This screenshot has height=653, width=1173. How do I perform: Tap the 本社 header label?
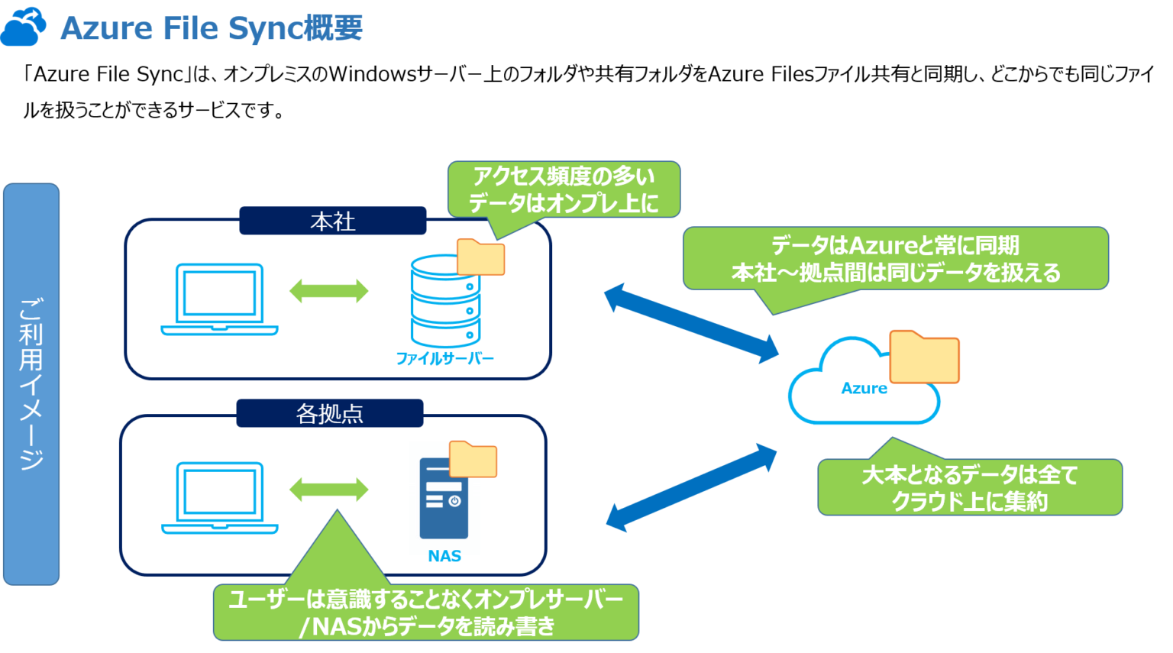[332, 221]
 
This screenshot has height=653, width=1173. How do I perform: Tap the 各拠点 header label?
[329, 413]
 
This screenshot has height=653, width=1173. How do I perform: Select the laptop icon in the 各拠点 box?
[219, 497]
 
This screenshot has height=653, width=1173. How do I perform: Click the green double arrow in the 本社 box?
[328, 291]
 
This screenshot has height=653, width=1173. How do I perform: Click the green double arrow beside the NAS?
[328, 490]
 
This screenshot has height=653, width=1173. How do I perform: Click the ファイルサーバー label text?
[444, 358]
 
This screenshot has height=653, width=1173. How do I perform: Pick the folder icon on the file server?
[480, 257]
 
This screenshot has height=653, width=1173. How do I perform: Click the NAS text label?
[444, 556]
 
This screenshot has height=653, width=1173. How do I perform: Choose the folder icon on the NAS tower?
[473, 459]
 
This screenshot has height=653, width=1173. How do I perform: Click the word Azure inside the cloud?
[864, 388]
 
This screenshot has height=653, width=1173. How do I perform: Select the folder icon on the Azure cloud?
[924, 357]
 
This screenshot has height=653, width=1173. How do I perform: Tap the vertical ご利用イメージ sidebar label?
[31, 384]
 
